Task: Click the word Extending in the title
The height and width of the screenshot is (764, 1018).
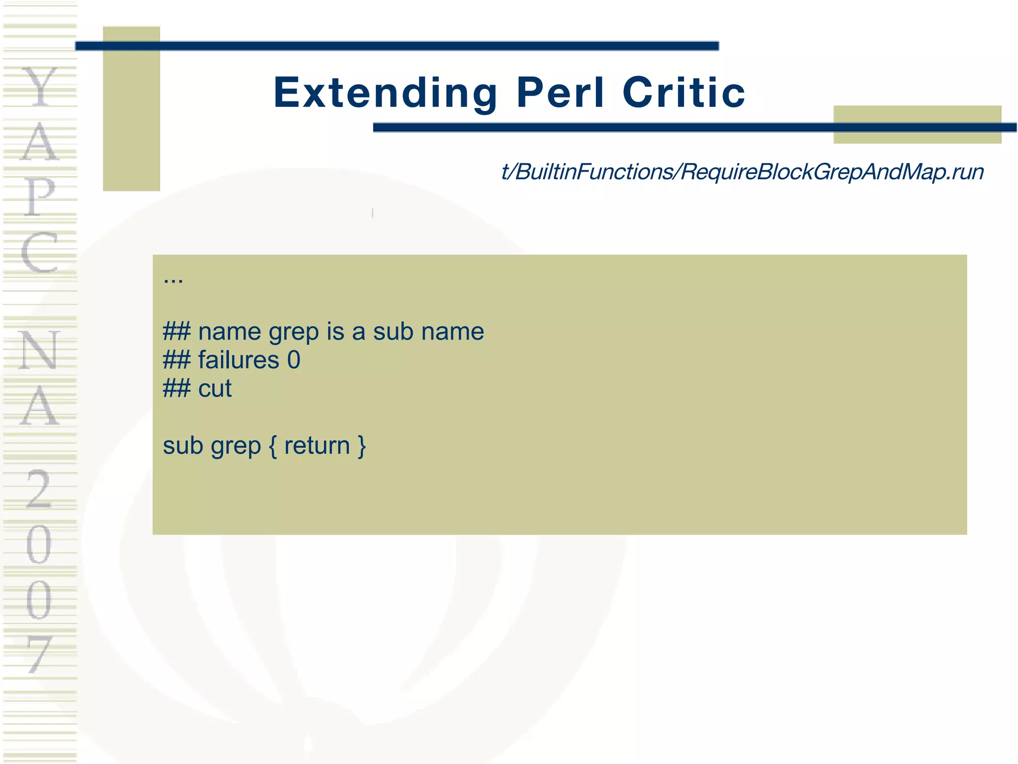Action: (385, 93)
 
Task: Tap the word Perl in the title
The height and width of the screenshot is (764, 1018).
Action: (561, 93)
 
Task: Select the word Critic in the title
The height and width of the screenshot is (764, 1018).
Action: (684, 93)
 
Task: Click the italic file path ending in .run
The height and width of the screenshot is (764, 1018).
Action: (742, 172)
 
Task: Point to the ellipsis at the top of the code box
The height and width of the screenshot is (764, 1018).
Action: (173, 280)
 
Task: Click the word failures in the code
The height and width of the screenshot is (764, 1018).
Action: (239, 360)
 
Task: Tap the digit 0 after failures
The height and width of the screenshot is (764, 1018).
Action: (294, 360)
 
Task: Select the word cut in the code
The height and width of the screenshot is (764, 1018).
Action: (215, 388)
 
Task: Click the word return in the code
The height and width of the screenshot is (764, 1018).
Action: (317, 446)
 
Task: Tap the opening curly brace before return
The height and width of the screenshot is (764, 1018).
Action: (272, 446)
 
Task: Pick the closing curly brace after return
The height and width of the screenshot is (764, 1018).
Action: (361, 446)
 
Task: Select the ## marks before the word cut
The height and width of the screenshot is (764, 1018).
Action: (176, 388)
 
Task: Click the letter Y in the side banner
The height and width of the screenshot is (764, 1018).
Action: (40, 87)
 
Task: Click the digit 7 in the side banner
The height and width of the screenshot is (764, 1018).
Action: (39, 654)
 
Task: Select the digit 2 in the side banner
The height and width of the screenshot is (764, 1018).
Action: (39, 489)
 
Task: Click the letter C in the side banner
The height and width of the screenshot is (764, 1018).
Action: (39, 252)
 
